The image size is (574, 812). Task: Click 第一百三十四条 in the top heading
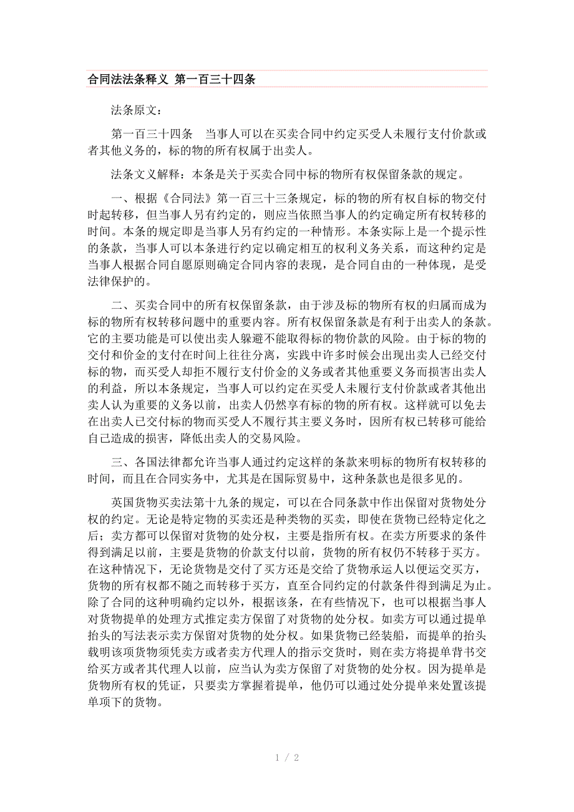(215, 80)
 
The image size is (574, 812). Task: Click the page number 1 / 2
(287, 758)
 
